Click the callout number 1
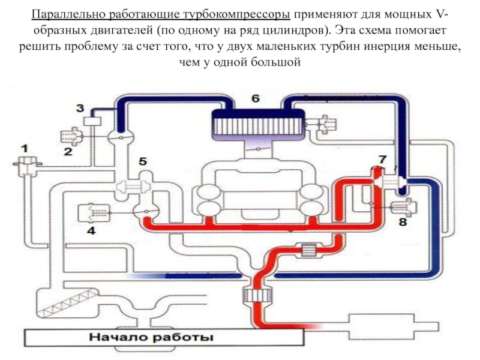[25, 146]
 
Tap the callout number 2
[68, 152]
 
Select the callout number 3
[80, 109]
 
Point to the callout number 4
[91, 230]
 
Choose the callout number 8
[403, 222]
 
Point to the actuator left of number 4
[98, 211]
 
